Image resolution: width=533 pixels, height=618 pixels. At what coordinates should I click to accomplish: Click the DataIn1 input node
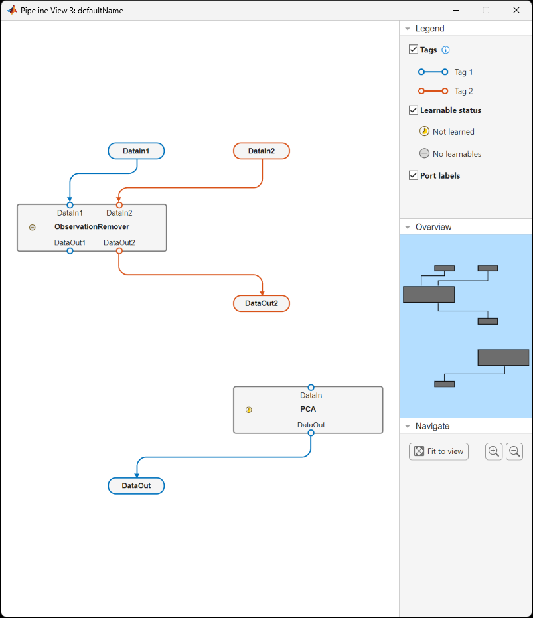(136, 151)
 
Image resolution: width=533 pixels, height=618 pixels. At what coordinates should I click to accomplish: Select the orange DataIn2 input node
(262, 151)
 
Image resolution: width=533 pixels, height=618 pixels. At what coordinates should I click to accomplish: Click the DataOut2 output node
(262, 303)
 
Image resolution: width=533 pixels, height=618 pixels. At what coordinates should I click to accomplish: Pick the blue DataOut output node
(136, 486)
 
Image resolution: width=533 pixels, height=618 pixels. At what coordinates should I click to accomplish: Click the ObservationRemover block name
(92, 227)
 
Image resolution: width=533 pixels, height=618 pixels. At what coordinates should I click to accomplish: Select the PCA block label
(308, 409)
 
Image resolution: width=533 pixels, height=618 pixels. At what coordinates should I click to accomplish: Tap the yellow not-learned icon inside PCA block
(249, 410)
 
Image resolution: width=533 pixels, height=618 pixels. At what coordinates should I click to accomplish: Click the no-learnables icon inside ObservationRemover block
(32, 228)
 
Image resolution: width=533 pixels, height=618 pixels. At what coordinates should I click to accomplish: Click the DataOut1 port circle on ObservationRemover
(70, 251)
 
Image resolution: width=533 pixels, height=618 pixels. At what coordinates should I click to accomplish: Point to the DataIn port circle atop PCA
(311, 387)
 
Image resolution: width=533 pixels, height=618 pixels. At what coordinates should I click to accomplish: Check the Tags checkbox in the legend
(414, 50)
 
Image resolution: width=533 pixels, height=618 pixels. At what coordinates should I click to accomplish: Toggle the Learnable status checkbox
(414, 110)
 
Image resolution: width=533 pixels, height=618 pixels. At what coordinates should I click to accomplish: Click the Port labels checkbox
(414, 175)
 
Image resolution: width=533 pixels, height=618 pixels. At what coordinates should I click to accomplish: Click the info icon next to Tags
(446, 50)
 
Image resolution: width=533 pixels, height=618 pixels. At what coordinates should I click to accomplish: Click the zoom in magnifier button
(494, 451)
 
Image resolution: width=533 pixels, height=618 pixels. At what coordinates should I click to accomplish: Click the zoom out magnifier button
(514, 451)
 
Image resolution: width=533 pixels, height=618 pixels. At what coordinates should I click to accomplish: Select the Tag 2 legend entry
(463, 91)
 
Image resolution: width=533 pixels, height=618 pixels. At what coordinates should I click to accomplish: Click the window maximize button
(486, 10)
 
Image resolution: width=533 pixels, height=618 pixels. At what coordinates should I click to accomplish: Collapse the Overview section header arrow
(407, 227)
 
